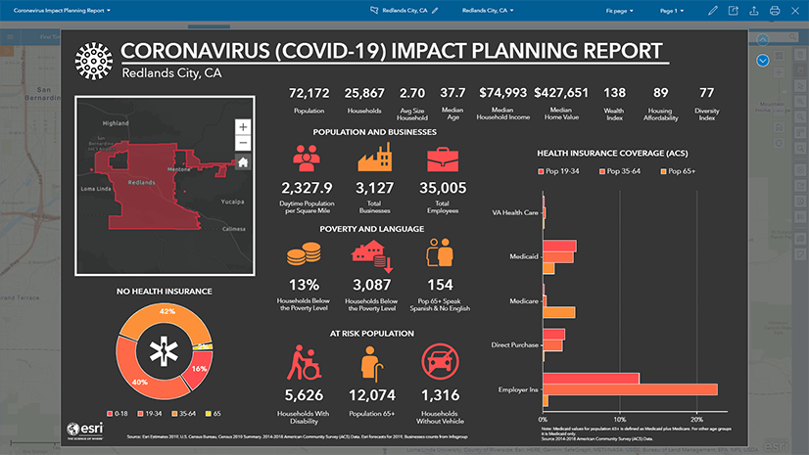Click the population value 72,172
click(x=307, y=93)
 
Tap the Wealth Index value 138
click(x=614, y=93)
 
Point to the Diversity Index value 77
click(x=706, y=93)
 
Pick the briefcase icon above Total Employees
click(x=439, y=159)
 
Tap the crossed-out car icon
click(x=439, y=364)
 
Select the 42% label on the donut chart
click(x=167, y=311)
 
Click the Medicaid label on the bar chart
click(x=523, y=255)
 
